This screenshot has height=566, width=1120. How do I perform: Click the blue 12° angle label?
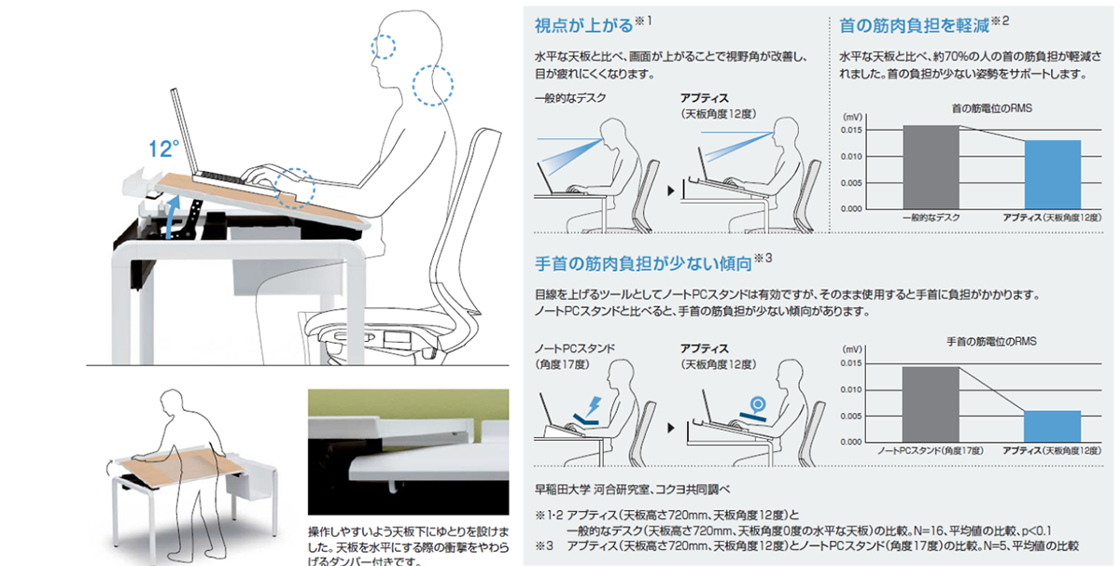(164, 149)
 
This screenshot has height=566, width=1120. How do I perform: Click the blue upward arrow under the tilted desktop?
(170, 217)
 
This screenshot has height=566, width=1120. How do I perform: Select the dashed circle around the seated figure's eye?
(384, 46)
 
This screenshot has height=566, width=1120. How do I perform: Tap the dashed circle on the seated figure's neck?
(434, 84)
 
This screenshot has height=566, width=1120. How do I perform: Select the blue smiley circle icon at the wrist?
(757, 403)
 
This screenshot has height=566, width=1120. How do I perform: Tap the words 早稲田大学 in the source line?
(560, 488)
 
